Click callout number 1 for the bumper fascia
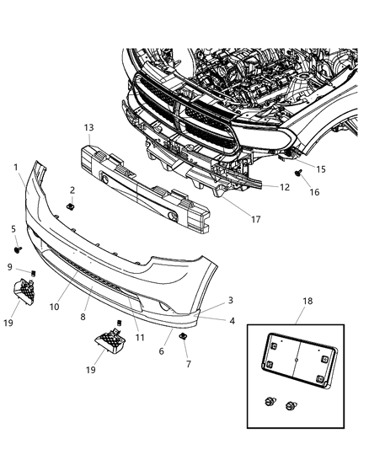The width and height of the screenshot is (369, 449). pos(16,168)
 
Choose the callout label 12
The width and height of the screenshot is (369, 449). pos(285,187)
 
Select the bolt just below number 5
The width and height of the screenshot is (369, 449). pos(17,249)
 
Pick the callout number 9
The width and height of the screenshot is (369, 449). pos(10,269)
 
